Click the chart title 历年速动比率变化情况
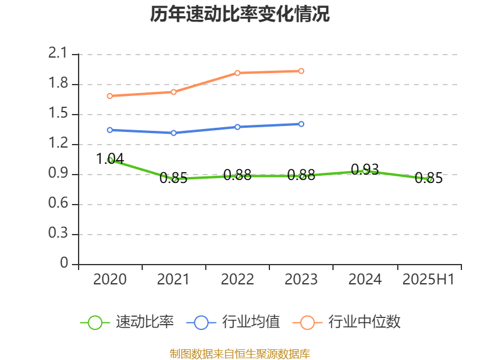coord(240,14)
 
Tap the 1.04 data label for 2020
coord(110,158)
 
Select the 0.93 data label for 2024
coord(365,170)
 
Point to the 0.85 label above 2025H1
coord(428,178)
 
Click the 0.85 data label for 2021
coord(173,178)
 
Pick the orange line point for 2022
coord(238,73)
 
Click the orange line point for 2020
coord(110,96)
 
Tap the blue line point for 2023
coord(301,124)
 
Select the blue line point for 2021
coord(173,133)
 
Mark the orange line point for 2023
coord(301,71)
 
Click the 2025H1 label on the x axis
coord(428,280)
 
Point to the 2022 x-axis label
coord(238,280)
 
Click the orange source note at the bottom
coord(240,353)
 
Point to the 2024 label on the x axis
coord(365,280)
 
